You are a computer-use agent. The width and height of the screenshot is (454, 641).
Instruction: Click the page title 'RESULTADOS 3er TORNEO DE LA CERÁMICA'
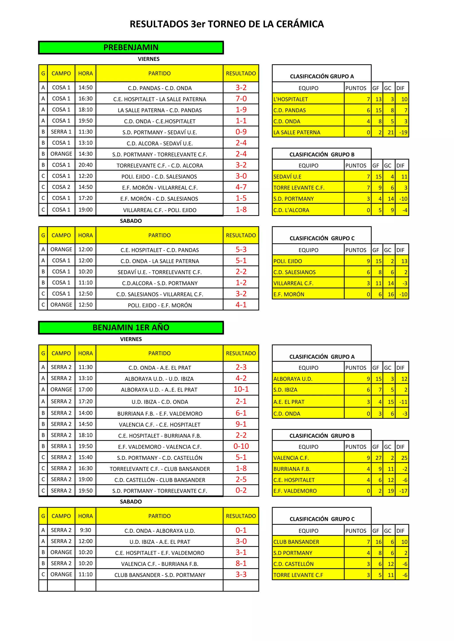tap(227, 24)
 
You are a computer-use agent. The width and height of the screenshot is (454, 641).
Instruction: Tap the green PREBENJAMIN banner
tap(131, 47)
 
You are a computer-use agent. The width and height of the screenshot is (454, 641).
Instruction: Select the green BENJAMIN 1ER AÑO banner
tap(131, 328)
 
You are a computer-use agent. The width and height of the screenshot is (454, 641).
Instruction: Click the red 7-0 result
tap(241, 99)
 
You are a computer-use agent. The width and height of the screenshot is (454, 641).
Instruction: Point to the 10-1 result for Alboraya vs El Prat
tap(241, 390)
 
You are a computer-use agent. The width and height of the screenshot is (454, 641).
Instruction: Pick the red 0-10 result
tap(241, 446)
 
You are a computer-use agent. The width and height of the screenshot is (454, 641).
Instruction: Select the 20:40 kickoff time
tap(85, 165)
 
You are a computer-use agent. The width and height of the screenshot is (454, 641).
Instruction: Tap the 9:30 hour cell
tap(85, 530)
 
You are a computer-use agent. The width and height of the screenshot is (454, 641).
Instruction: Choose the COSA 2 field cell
tap(61, 187)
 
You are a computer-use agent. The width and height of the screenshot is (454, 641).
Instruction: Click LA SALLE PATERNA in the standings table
tap(297, 133)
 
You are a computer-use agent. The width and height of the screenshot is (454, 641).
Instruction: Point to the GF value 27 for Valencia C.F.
tap(379, 458)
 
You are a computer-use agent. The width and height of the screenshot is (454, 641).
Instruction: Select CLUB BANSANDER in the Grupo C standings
tap(296, 542)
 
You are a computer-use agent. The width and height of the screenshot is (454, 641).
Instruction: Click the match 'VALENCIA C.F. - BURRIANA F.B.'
tap(160, 564)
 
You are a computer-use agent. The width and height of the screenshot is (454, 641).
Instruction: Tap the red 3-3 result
tap(241, 575)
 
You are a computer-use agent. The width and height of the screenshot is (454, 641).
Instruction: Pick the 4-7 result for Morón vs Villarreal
tap(241, 187)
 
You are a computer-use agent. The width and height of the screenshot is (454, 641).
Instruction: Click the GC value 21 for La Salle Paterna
tap(391, 133)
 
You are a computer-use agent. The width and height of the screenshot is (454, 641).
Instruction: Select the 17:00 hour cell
tap(85, 390)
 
